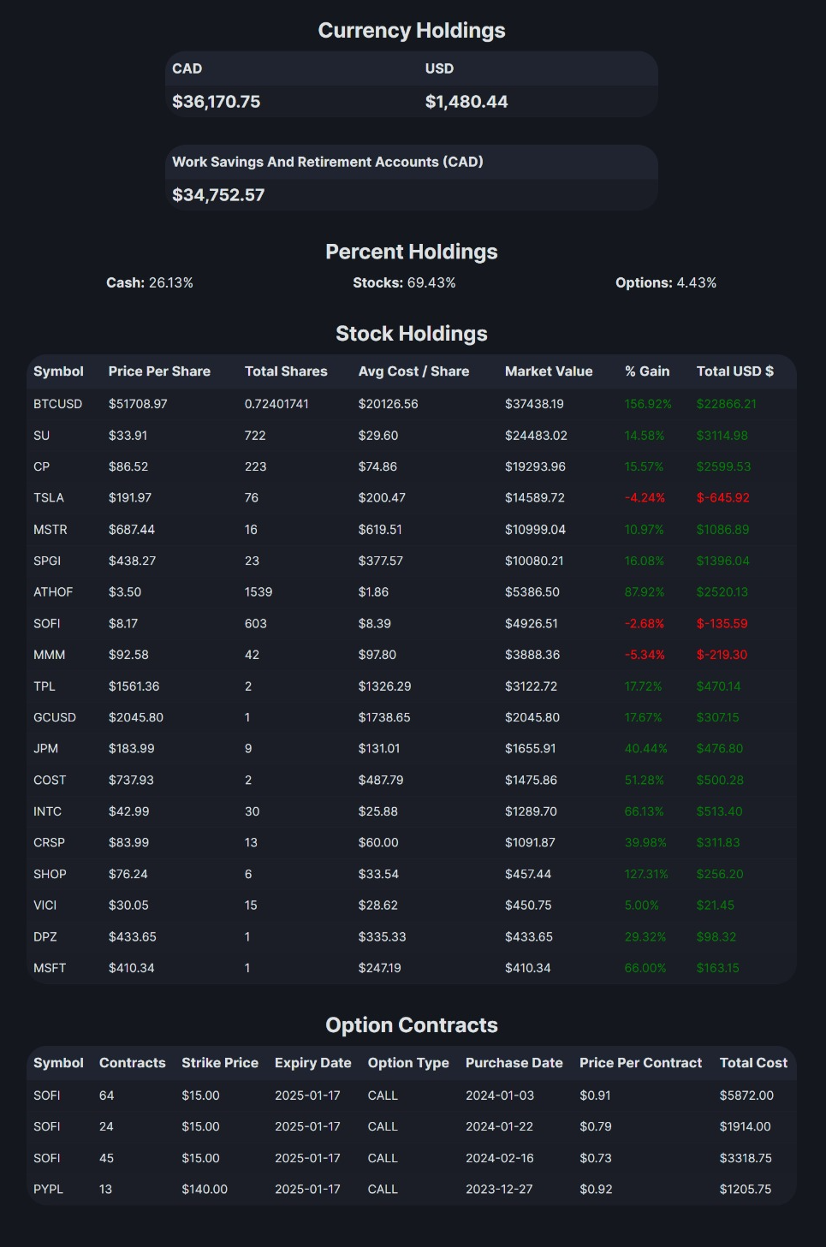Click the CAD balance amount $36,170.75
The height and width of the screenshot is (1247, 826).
(216, 102)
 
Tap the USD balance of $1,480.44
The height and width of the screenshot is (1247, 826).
(466, 102)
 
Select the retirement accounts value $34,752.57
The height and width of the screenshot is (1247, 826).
(218, 195)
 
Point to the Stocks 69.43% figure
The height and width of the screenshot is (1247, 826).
(404, 282)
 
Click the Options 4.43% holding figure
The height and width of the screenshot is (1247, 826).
(666, 282)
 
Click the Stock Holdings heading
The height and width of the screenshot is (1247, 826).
(412, 334)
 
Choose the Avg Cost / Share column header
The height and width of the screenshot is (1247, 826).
(413, 371)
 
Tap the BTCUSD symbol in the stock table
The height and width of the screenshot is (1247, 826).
(58, 404)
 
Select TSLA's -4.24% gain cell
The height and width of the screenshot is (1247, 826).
(645, 498)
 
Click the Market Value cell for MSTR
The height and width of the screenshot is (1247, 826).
(535, 530)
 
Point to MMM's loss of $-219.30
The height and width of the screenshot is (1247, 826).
(722, 655)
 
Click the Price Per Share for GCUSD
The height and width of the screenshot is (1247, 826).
(136, 717)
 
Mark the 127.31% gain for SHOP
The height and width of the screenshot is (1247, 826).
(646, 874)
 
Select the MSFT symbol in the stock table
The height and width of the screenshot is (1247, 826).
(50, 968)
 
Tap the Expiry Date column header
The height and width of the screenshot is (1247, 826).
(313, 1063)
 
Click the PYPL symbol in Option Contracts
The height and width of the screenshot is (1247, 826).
(49, 1189)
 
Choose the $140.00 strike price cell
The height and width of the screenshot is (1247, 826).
(205, 1189)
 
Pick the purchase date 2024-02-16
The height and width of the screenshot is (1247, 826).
(500, 1158)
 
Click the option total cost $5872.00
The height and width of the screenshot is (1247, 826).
(746, 1096)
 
